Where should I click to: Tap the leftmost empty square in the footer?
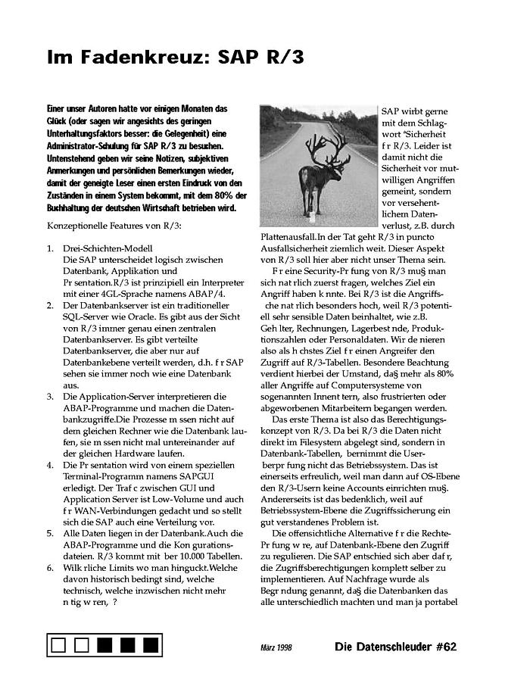point(59,646)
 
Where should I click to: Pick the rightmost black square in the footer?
point(151,646)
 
